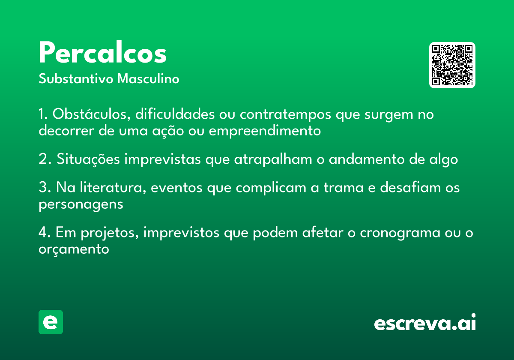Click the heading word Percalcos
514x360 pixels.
pos(102,52)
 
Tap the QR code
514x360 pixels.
pos(452,65)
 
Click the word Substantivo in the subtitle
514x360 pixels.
pos(76,78)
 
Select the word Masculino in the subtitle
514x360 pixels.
pos(148,78)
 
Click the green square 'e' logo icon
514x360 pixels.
pos(51,322)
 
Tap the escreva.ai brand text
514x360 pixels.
pos(425,322)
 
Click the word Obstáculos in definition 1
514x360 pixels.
pos(92,114)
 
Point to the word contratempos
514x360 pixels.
pos(285,115)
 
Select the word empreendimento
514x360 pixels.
pos(265,131)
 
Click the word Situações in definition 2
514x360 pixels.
pos(88,159)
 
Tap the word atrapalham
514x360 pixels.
pos(273,159)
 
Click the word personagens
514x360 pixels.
pos(81,204)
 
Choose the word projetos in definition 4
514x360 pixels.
pos(110,233)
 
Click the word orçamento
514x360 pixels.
pos(74,249)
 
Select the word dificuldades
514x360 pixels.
pos(175,114)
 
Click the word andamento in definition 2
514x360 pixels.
pos(367,159)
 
